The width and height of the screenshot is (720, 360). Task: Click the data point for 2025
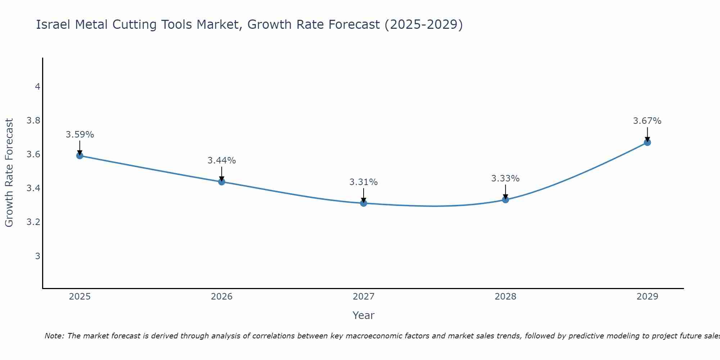click(x=80, y=156)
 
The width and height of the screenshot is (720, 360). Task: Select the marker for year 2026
click(x=222, y=182)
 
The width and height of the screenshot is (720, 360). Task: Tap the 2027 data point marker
click(x=364, y=203)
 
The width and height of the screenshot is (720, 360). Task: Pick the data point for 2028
click(x=505, y=200)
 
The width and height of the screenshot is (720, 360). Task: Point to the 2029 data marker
click(x=647, y=143)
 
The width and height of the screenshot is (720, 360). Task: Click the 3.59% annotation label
click(x=80, y=135)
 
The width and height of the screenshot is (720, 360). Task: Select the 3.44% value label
click(x=222, y=161)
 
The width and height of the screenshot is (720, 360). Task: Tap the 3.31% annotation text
click(x=364, y=182)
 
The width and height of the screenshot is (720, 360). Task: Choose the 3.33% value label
click(x=505, y=179)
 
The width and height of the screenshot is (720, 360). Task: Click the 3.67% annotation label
click(x=647, y=121)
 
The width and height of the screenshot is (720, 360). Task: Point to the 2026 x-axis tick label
click(x=222, y=297)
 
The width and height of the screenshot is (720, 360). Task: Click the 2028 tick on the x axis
click(x=505, y=297)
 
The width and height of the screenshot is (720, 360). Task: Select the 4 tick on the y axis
click(x=37, y=87)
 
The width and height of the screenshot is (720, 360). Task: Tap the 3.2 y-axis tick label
click(x=33, y=222)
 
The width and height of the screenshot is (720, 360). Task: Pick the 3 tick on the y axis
click(x=37, y=256)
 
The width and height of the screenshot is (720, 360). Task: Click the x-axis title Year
click(x=364, y=315)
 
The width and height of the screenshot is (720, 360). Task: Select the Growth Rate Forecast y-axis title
click(x=9, y=173)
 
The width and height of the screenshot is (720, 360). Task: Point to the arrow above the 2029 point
click(x=647, y=134)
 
